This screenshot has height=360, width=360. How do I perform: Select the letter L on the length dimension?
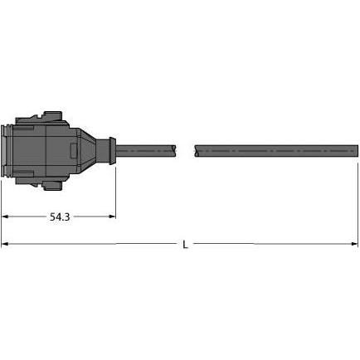[x=184, y=244]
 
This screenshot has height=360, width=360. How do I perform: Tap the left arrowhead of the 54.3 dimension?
[x=5, y=216]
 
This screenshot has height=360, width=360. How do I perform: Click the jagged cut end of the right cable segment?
[x=196, y=150]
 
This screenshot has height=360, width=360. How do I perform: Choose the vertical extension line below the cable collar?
[x=115, y=191]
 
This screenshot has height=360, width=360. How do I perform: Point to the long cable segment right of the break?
[x=274, y=150]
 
